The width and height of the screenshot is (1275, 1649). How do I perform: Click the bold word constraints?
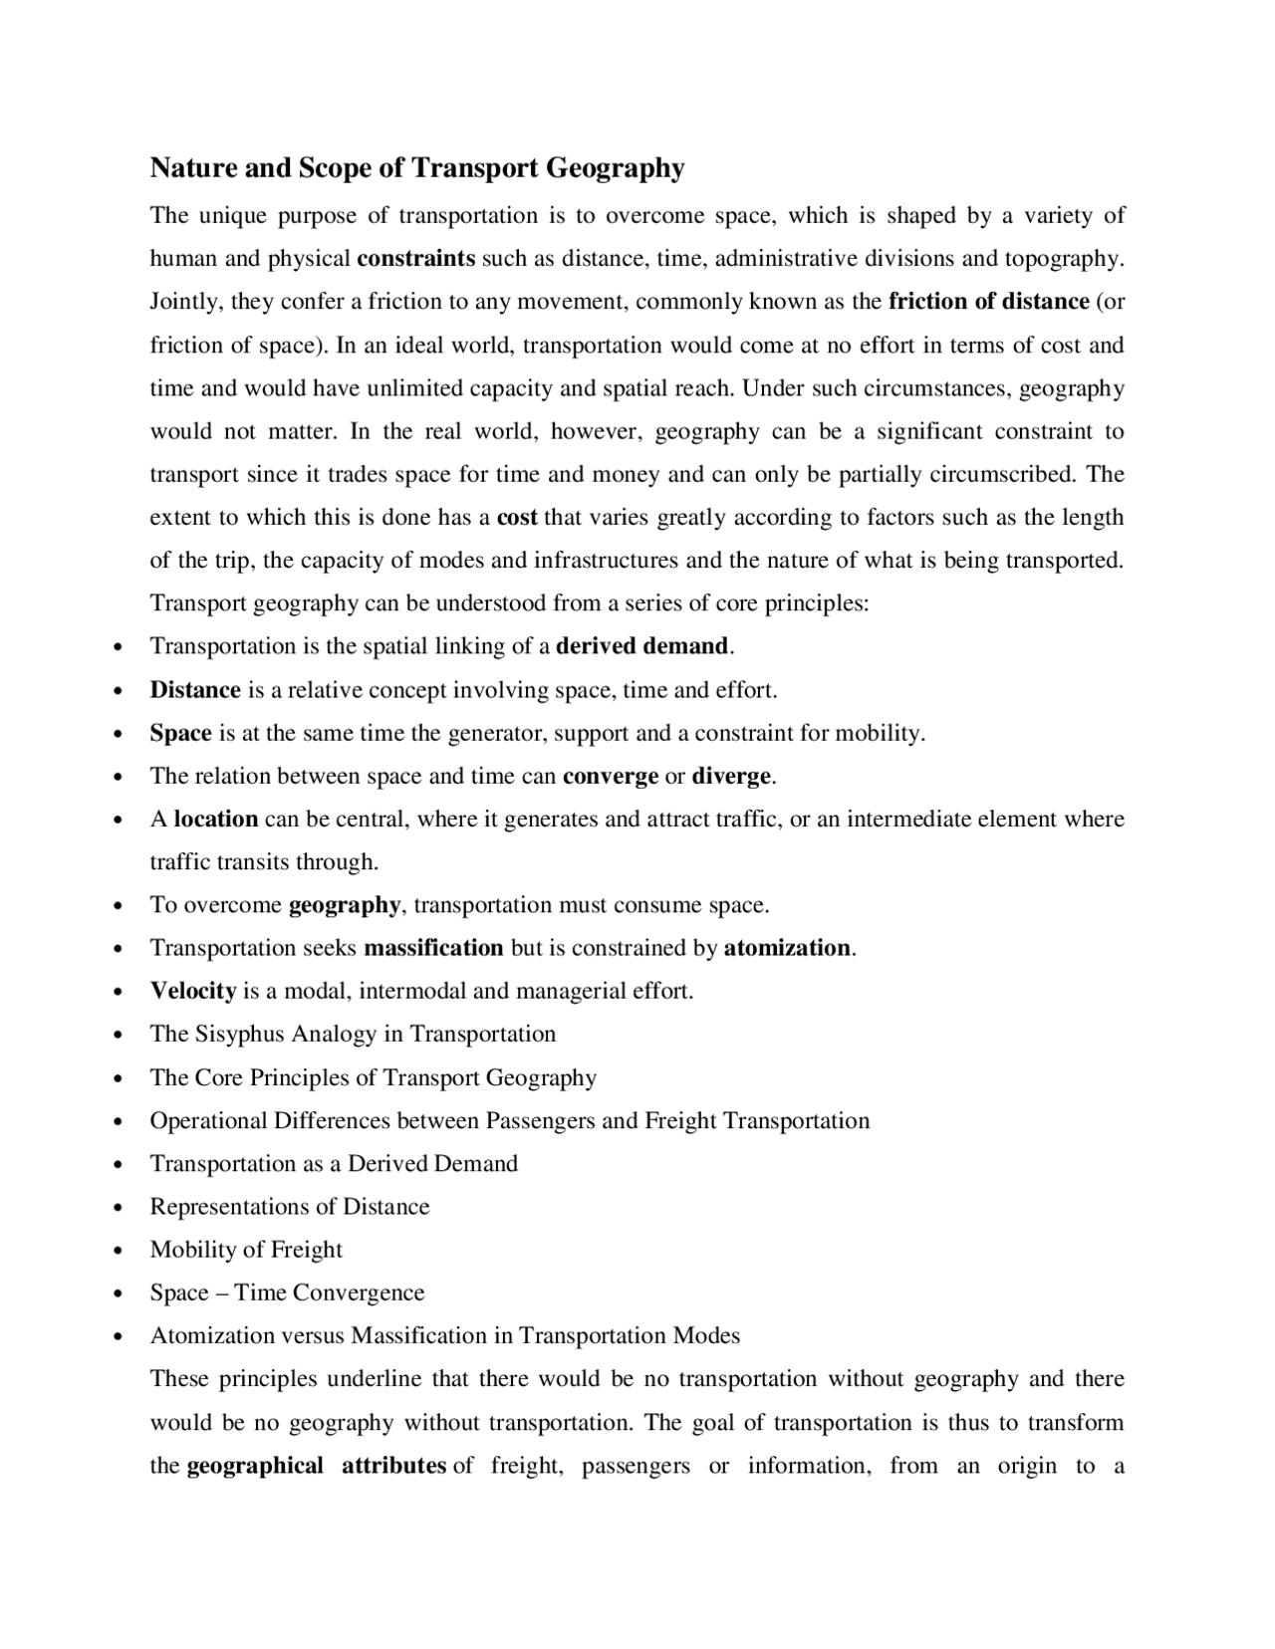tap(415, 259)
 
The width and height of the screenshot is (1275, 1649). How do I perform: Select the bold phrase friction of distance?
tap(988, 302)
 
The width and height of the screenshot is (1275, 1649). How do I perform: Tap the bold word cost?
tap(517, 518)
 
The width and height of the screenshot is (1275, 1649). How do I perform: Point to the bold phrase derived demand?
tap(642, 646)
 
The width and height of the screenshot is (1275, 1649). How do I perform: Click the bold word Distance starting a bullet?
tap(195, 690)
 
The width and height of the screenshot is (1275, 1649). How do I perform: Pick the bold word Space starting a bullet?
tap(180, 734)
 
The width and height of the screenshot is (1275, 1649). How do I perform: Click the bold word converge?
tap(611, 776)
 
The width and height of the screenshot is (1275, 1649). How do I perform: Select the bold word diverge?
tap(732, 776)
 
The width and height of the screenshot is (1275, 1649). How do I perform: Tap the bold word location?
tap(216, 820)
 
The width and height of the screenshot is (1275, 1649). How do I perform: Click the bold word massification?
tap(433, 948)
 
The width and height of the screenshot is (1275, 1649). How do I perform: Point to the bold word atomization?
tap(787, 948)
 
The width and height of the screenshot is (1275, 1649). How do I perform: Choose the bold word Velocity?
tap(193, 991)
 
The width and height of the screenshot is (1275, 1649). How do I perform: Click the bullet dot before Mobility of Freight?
tap(119, 1252)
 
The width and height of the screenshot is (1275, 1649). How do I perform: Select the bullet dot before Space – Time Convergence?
tap(119, 1295)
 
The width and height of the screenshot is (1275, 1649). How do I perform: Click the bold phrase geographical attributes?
tap(316, 1466)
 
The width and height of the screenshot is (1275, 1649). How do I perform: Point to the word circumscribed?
tap(1002, 474)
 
